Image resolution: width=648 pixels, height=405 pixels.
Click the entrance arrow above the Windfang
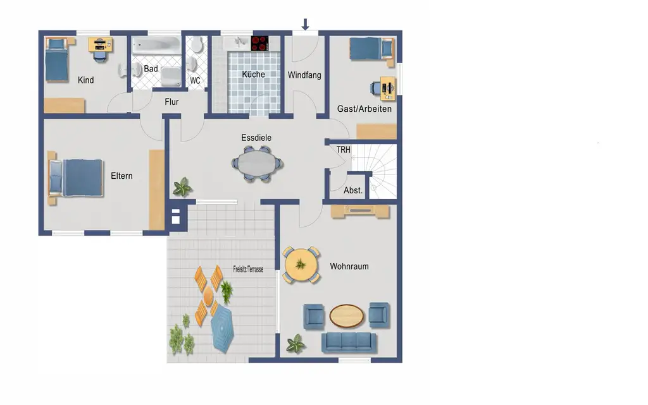(305, 25)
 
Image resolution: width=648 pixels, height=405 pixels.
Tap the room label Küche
(253, 74)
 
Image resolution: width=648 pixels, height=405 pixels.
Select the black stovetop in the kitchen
(260, 44)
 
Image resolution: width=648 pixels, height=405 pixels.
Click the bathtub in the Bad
(156, 45)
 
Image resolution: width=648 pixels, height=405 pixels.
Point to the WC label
(195, 80)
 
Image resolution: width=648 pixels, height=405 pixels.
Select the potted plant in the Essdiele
(182, 187)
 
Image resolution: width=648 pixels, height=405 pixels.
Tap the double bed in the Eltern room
(76, 178)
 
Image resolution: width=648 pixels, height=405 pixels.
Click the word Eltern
(121, 176)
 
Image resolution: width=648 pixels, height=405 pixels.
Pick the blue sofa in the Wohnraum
(349, 342)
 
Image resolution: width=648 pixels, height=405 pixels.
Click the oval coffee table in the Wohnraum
(346, 316)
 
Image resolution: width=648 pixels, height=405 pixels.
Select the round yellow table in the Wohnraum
(301, 265)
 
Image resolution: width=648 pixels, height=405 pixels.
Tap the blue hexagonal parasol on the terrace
(222, 329)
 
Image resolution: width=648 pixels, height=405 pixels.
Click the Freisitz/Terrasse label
(248, 269)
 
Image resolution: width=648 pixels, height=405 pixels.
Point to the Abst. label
(353, 191)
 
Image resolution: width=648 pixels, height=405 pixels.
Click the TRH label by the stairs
(343, 150)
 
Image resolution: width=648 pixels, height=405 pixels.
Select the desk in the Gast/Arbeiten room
(388, 88)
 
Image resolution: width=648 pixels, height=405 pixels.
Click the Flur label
(171, 102)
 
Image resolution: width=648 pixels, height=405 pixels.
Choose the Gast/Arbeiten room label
(364, 109)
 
